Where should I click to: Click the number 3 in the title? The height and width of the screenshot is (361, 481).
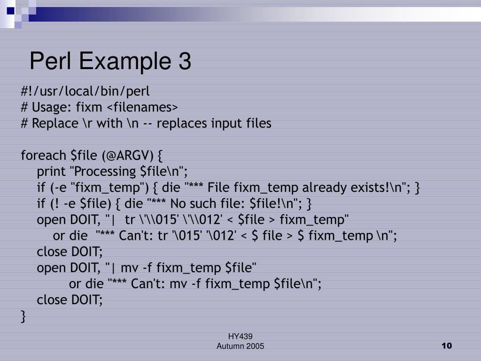click(x=184, y=62)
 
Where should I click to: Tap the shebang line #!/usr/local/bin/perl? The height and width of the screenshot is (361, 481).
click(x=85, y=91)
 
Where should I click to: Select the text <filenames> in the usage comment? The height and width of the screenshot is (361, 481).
click(x=142, y=107)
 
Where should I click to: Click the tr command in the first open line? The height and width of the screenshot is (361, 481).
click(x=130, y=220)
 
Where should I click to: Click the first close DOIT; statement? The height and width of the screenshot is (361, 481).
click(x=70, y=251)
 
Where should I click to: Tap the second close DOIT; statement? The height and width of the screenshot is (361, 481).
click(x=70, y=299)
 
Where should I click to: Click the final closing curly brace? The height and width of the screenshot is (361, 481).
click(x=23, y=316)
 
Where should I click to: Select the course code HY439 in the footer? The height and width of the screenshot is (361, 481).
click(x=240, y=336)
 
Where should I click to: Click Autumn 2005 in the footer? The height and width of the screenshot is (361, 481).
click(x=240, y=346)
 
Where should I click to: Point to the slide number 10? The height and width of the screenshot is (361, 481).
click(x=446, y=346)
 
